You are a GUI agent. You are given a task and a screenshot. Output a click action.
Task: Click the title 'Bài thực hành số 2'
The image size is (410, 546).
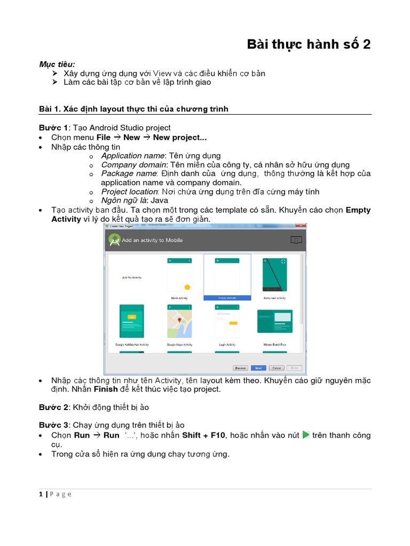point(308,44)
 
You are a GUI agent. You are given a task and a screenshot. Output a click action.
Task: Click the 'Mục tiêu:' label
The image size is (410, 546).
point(57,64)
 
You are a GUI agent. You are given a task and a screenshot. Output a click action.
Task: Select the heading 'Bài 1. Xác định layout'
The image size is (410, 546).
point(133,109)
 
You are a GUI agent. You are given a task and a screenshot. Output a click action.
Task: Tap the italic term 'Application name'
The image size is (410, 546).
point(133,156)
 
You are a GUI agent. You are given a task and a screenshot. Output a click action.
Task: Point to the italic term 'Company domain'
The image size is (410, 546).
point(134,165)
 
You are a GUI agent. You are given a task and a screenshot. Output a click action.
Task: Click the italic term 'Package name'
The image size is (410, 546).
point(129,174)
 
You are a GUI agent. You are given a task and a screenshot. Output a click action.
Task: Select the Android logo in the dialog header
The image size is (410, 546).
point(114,240)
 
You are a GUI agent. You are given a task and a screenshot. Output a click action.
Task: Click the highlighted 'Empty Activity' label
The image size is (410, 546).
point(227,298)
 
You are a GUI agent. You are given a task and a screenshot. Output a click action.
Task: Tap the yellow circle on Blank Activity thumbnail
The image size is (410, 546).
point(187,287)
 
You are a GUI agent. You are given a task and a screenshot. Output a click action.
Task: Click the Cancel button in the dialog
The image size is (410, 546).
point(275,368)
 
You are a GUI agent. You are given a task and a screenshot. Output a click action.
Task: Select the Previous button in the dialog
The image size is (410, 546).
point(240,368)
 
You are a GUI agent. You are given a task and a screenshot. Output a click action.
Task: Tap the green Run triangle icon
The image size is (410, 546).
point(306,435)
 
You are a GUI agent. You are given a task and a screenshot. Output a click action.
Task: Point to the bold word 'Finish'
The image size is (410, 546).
point(106,389)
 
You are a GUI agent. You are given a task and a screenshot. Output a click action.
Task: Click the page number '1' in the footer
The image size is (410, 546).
point(41,494)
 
